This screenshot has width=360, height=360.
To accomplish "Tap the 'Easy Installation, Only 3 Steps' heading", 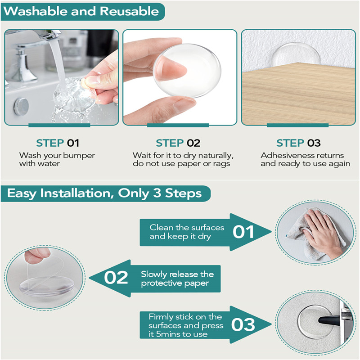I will (104, 194).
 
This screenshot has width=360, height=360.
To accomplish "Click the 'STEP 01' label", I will (58, 143).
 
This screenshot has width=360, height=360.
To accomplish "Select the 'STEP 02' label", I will (178, 143).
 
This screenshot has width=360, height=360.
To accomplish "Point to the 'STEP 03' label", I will (298, 143).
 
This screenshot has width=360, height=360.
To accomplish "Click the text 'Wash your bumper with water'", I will (57, 159).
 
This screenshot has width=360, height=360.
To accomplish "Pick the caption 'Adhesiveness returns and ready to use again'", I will (299, 159).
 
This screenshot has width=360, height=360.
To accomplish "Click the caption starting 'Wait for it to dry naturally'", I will (183, 159).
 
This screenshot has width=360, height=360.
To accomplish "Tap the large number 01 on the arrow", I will (243, 232).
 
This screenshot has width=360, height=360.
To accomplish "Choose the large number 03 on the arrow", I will (243, 324).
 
